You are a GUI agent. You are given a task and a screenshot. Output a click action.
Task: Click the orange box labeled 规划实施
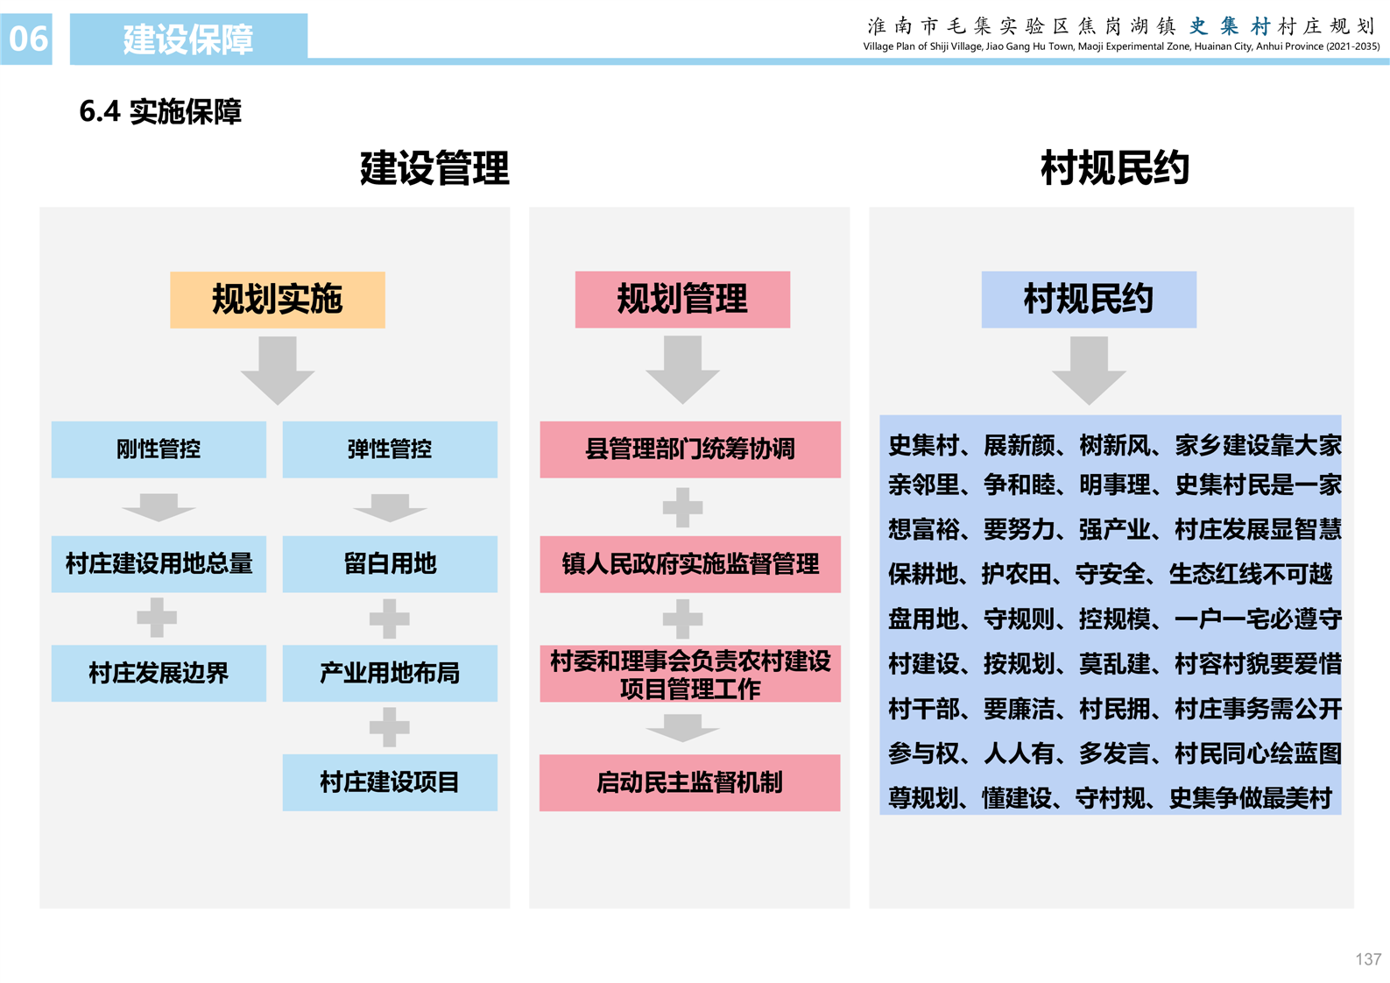click(277, 300)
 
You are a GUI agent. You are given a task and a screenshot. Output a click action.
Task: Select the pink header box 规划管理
click(682, 300)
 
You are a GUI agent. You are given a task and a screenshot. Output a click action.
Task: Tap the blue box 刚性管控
click(159, 449)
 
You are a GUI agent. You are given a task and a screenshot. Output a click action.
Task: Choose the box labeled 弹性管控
click(390, 449)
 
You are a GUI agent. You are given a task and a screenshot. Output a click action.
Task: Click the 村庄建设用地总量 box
click(159, 564)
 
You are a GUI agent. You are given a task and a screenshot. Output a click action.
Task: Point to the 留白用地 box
click(390, 564)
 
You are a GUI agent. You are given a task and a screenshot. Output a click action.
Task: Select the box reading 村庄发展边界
click(159, 674)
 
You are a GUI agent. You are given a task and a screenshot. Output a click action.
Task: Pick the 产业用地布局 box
click(390, 674)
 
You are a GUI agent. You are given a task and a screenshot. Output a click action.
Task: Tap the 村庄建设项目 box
click(390, 782)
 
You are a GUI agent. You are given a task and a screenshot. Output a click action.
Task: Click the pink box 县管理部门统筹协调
click(690, 449)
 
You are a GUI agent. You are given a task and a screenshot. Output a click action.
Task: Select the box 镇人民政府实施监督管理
click(690, 564)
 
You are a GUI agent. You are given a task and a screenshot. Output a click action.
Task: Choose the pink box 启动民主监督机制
click(690, 782)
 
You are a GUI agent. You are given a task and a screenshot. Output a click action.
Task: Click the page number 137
click(1368, 959)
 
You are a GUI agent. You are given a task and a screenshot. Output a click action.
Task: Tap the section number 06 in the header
click(27, 39)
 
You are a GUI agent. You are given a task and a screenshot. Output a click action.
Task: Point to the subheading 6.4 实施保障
click(160, 112)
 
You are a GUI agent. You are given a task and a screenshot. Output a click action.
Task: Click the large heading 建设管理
click(434, 168)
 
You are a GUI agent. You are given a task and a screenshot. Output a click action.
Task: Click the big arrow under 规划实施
click(278, 370)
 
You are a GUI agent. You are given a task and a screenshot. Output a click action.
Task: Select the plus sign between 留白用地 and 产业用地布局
click(390, 619)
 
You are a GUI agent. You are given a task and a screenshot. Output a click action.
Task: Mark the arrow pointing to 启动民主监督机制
click(682, 728)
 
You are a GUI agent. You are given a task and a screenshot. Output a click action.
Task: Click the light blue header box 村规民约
click(1089, 300)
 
